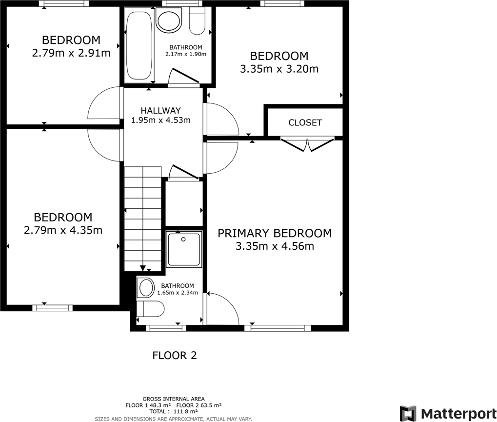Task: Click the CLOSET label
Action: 305,122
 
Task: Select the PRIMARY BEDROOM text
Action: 275,233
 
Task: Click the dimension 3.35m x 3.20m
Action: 279,69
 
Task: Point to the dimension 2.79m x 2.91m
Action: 71,53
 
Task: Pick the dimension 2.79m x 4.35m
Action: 63,230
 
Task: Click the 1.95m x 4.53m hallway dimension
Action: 160,120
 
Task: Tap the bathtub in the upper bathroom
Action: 139,46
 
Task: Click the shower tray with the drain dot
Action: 183,249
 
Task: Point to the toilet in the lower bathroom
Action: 149,308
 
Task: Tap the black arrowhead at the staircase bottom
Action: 143,268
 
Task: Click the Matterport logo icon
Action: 408,413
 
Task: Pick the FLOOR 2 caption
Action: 175,355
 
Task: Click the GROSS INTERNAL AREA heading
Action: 174,399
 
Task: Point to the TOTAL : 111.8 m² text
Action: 174,412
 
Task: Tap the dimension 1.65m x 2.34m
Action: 178,293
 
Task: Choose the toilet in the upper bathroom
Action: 197,22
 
